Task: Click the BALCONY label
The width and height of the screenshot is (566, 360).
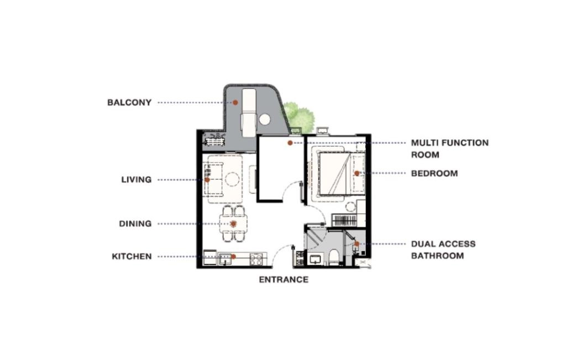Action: coord(129,102)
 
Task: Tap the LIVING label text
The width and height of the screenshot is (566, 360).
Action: coord(136,180)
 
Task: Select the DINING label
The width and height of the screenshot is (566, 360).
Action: coord(135,224)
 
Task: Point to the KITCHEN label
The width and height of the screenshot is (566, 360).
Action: coord(132,257)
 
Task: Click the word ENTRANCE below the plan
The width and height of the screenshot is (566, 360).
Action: coord(284,280)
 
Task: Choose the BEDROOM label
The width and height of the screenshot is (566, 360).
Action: coord(434,173)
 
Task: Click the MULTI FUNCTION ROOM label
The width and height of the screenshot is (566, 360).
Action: coord(449,149)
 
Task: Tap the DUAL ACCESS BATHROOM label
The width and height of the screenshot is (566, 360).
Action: coord(443,250)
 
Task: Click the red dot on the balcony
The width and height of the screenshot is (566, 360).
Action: coord(235,102)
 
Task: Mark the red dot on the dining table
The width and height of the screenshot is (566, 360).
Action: coord(233,224)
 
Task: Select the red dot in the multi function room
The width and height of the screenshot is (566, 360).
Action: coord(290,143)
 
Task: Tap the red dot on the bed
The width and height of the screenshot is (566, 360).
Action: coord(357,173)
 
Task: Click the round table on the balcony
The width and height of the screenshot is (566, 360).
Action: coord(265,119)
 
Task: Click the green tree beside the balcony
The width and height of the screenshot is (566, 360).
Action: coord(298,116)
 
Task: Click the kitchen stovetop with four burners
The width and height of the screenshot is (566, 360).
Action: coord(257,258)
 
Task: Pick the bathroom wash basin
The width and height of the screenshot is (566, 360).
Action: coord(316,259)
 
